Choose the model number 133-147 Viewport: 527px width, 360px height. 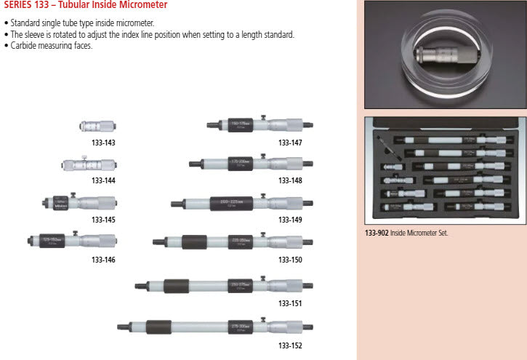tap(290, 143)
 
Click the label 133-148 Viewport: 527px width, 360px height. tap(290, 180)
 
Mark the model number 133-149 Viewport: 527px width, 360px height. tap(290, 220)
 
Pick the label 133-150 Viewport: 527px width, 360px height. tap(290, 260)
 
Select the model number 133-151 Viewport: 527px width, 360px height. tap(290, 303)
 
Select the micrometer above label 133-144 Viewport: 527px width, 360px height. tap(89, 165)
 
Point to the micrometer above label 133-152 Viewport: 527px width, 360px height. tap(214, 327)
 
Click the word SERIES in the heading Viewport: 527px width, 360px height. tap(17, 5)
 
